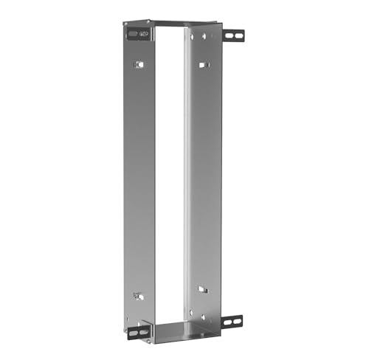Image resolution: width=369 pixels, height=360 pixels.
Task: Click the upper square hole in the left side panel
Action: (137, 65)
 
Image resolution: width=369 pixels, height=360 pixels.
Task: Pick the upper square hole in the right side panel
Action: (203, 65)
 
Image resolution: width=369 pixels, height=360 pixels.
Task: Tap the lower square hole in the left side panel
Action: (137, 296)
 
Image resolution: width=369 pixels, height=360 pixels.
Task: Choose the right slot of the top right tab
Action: (238, 35)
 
